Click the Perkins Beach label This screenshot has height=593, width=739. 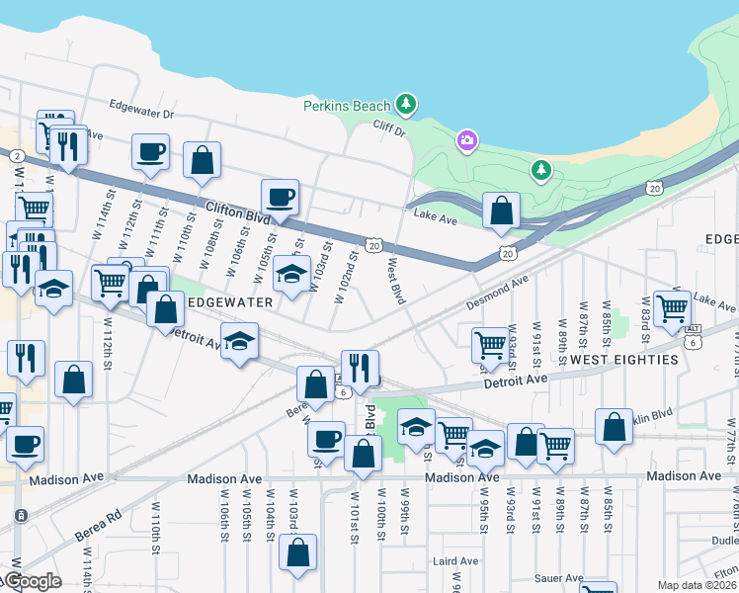click(347, 105)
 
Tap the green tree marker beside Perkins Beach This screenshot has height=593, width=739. click(405, 104)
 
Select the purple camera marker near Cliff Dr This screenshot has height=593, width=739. click(466, 142)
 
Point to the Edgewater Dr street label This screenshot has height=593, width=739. click(141, 114)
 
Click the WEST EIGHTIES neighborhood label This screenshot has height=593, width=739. click(624, 360)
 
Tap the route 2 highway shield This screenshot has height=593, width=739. click(17, 155)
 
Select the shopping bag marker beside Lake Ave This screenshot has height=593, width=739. click(502, 210)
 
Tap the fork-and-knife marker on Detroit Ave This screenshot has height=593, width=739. click(360, 367)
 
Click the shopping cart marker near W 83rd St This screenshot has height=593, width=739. click(672, 307)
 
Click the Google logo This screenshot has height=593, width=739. click(34, 581)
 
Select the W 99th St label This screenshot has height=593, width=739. click(404, 512)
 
